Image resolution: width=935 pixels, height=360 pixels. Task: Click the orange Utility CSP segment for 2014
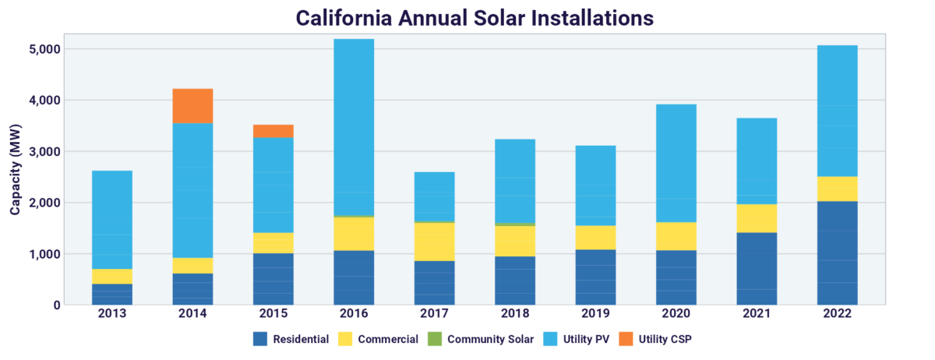(x=192, y=106)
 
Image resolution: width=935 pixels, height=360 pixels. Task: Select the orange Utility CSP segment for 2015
(x=273, y=131)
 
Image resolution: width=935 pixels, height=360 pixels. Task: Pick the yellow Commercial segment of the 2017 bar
(x=434, y=242)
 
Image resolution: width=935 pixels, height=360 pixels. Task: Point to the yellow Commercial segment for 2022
(x=837, y=189)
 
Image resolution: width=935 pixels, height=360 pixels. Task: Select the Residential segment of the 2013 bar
(x=112, y=294)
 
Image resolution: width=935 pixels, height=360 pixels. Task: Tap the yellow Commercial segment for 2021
(x=757, y=218)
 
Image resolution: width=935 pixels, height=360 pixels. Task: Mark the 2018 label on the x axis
(x=515, y=313)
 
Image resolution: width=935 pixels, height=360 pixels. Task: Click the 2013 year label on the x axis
(x=112, y=313)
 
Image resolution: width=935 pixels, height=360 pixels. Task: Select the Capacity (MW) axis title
(x=15, y=168)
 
